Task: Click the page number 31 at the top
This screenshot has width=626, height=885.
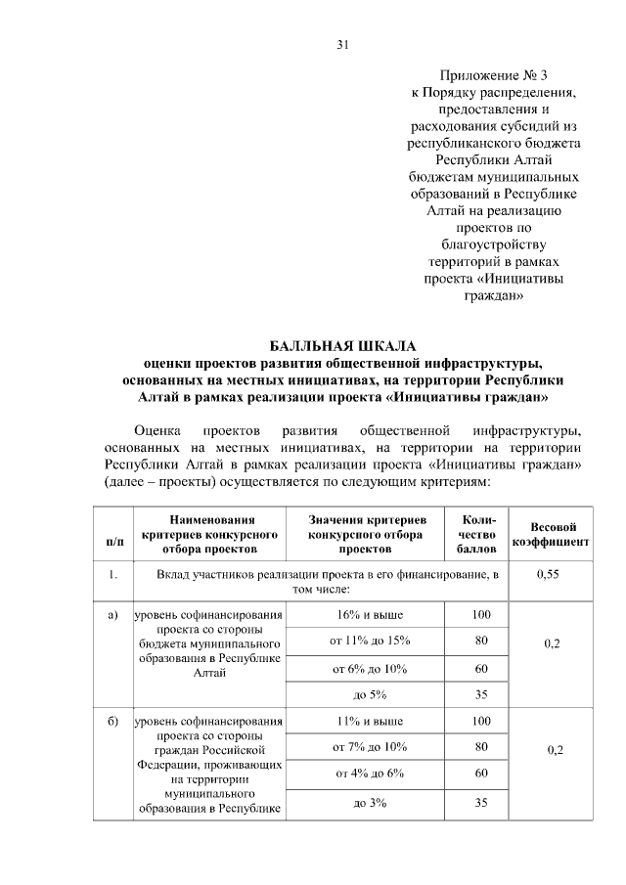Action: (x=342, y=45)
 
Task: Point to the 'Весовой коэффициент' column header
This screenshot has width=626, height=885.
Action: (x=550, y=534)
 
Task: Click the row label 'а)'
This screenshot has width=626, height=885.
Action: (x=112, y=615)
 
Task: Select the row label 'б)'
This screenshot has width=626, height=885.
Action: (x=112, y=722)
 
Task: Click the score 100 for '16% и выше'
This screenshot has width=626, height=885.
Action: (x=479, y=614)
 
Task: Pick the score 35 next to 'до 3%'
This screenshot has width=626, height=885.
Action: (x=479, y=803)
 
